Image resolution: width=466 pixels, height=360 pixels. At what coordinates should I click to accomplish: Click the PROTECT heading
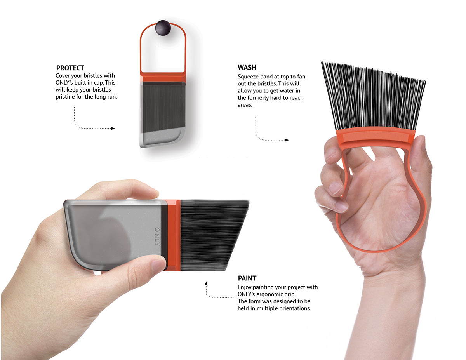70,68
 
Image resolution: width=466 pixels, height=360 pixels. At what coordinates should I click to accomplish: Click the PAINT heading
247,278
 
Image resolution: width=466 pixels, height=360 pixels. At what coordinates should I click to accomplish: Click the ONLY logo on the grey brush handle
157,236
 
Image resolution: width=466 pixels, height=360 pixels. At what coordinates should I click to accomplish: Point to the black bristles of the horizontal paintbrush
210,235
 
